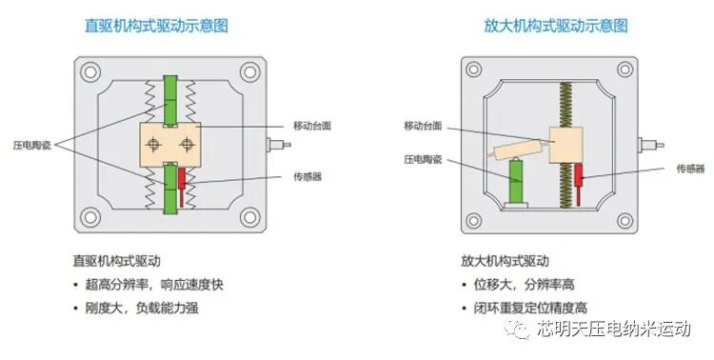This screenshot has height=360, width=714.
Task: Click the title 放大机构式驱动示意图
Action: [541, 27]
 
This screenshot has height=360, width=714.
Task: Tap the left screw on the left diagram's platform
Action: [153, 143]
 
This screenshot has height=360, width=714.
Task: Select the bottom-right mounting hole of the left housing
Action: [249, 215]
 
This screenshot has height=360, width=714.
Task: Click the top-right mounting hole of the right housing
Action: [635, 70]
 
